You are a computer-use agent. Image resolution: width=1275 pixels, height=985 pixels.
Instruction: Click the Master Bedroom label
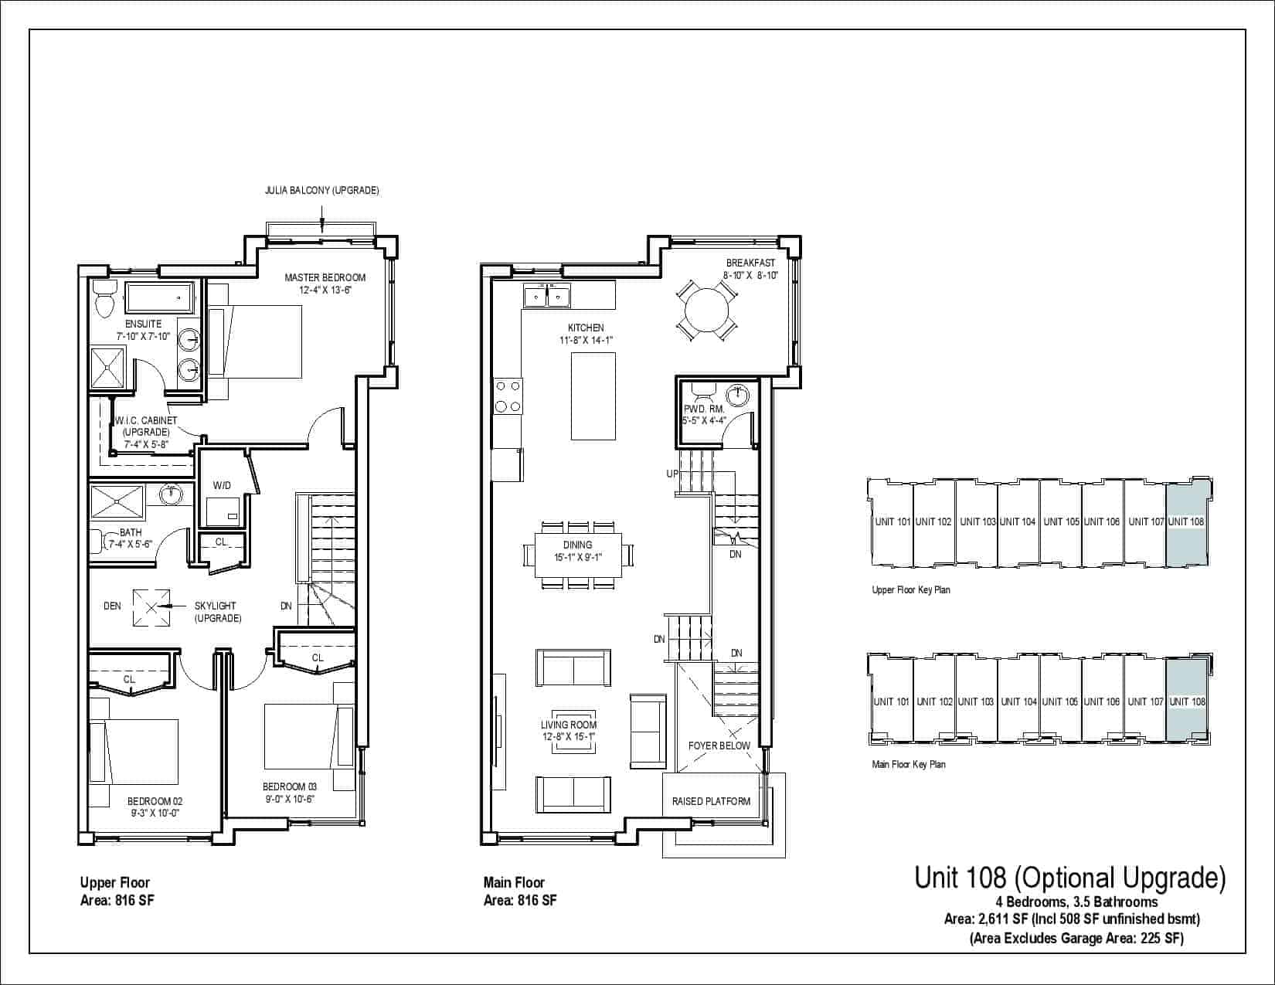click(325, 277)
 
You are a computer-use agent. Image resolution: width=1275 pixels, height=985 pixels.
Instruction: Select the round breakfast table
click(707, 311)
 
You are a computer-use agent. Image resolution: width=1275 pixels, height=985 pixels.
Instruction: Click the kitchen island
click(593, 396)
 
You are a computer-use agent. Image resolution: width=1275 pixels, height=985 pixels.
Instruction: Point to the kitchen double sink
click(546, 296)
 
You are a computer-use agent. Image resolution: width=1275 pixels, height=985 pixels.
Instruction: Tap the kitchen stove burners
click(508, 396)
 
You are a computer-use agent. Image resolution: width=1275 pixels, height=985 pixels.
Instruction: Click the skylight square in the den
click(151, 608)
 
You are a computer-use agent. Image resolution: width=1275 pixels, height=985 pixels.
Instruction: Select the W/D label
click(222, 485)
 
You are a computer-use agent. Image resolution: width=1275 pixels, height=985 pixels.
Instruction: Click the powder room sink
click(737, 396)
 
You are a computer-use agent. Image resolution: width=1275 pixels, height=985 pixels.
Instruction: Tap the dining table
click(578, 555)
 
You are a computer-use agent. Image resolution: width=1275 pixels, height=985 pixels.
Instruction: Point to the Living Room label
click(569, 725)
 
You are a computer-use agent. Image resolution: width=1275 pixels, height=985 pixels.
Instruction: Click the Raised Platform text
click(711, 801)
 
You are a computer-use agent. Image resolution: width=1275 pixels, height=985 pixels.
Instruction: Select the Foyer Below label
click(719, 746)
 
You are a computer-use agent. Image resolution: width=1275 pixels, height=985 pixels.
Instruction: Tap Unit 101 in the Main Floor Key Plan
click(891, 701)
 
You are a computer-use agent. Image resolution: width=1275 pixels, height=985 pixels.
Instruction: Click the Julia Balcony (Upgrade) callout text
click(322, 191)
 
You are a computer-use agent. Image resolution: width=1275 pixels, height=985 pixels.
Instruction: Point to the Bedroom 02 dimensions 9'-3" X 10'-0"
click(155, 813)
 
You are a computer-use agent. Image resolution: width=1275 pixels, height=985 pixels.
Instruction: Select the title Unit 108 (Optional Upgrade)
click(1070, 878)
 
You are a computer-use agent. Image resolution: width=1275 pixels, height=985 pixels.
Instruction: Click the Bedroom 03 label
click(289, 786)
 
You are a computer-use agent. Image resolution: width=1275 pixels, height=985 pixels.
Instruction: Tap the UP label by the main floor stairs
click(672, 474)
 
